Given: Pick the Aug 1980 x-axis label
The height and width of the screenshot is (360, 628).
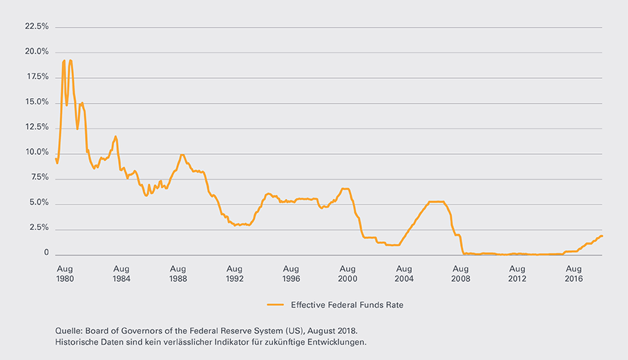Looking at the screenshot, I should (x=64, y=274).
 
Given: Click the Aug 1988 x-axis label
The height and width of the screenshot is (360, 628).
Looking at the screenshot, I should (x=178, y=274).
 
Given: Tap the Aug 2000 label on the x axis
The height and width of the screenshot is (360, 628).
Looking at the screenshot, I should (x=348, y=274).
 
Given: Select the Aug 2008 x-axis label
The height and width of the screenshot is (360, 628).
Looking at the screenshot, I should (x=461, y=274).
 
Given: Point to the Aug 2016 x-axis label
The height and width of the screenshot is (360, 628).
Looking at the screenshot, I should (x=574, y=274).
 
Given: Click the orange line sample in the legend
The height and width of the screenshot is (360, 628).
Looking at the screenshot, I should (x=276, y=304).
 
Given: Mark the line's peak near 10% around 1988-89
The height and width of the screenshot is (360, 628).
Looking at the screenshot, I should (x=182, y=155).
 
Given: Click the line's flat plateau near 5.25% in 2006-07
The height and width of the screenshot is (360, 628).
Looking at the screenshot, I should (x=436, y=202).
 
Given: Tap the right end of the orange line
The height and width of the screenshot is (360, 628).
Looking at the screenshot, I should (x=603, y=236).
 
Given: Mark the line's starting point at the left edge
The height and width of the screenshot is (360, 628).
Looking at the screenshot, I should (x=56, y=158).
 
